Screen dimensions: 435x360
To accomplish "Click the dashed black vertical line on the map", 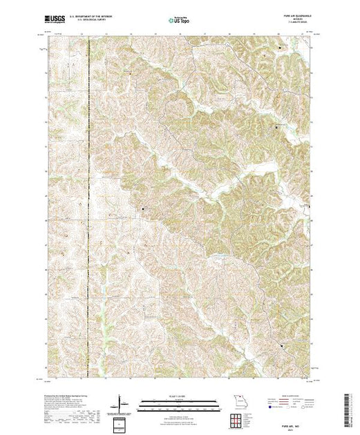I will [90, 207].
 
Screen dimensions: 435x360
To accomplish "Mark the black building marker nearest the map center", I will [144, 208].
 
